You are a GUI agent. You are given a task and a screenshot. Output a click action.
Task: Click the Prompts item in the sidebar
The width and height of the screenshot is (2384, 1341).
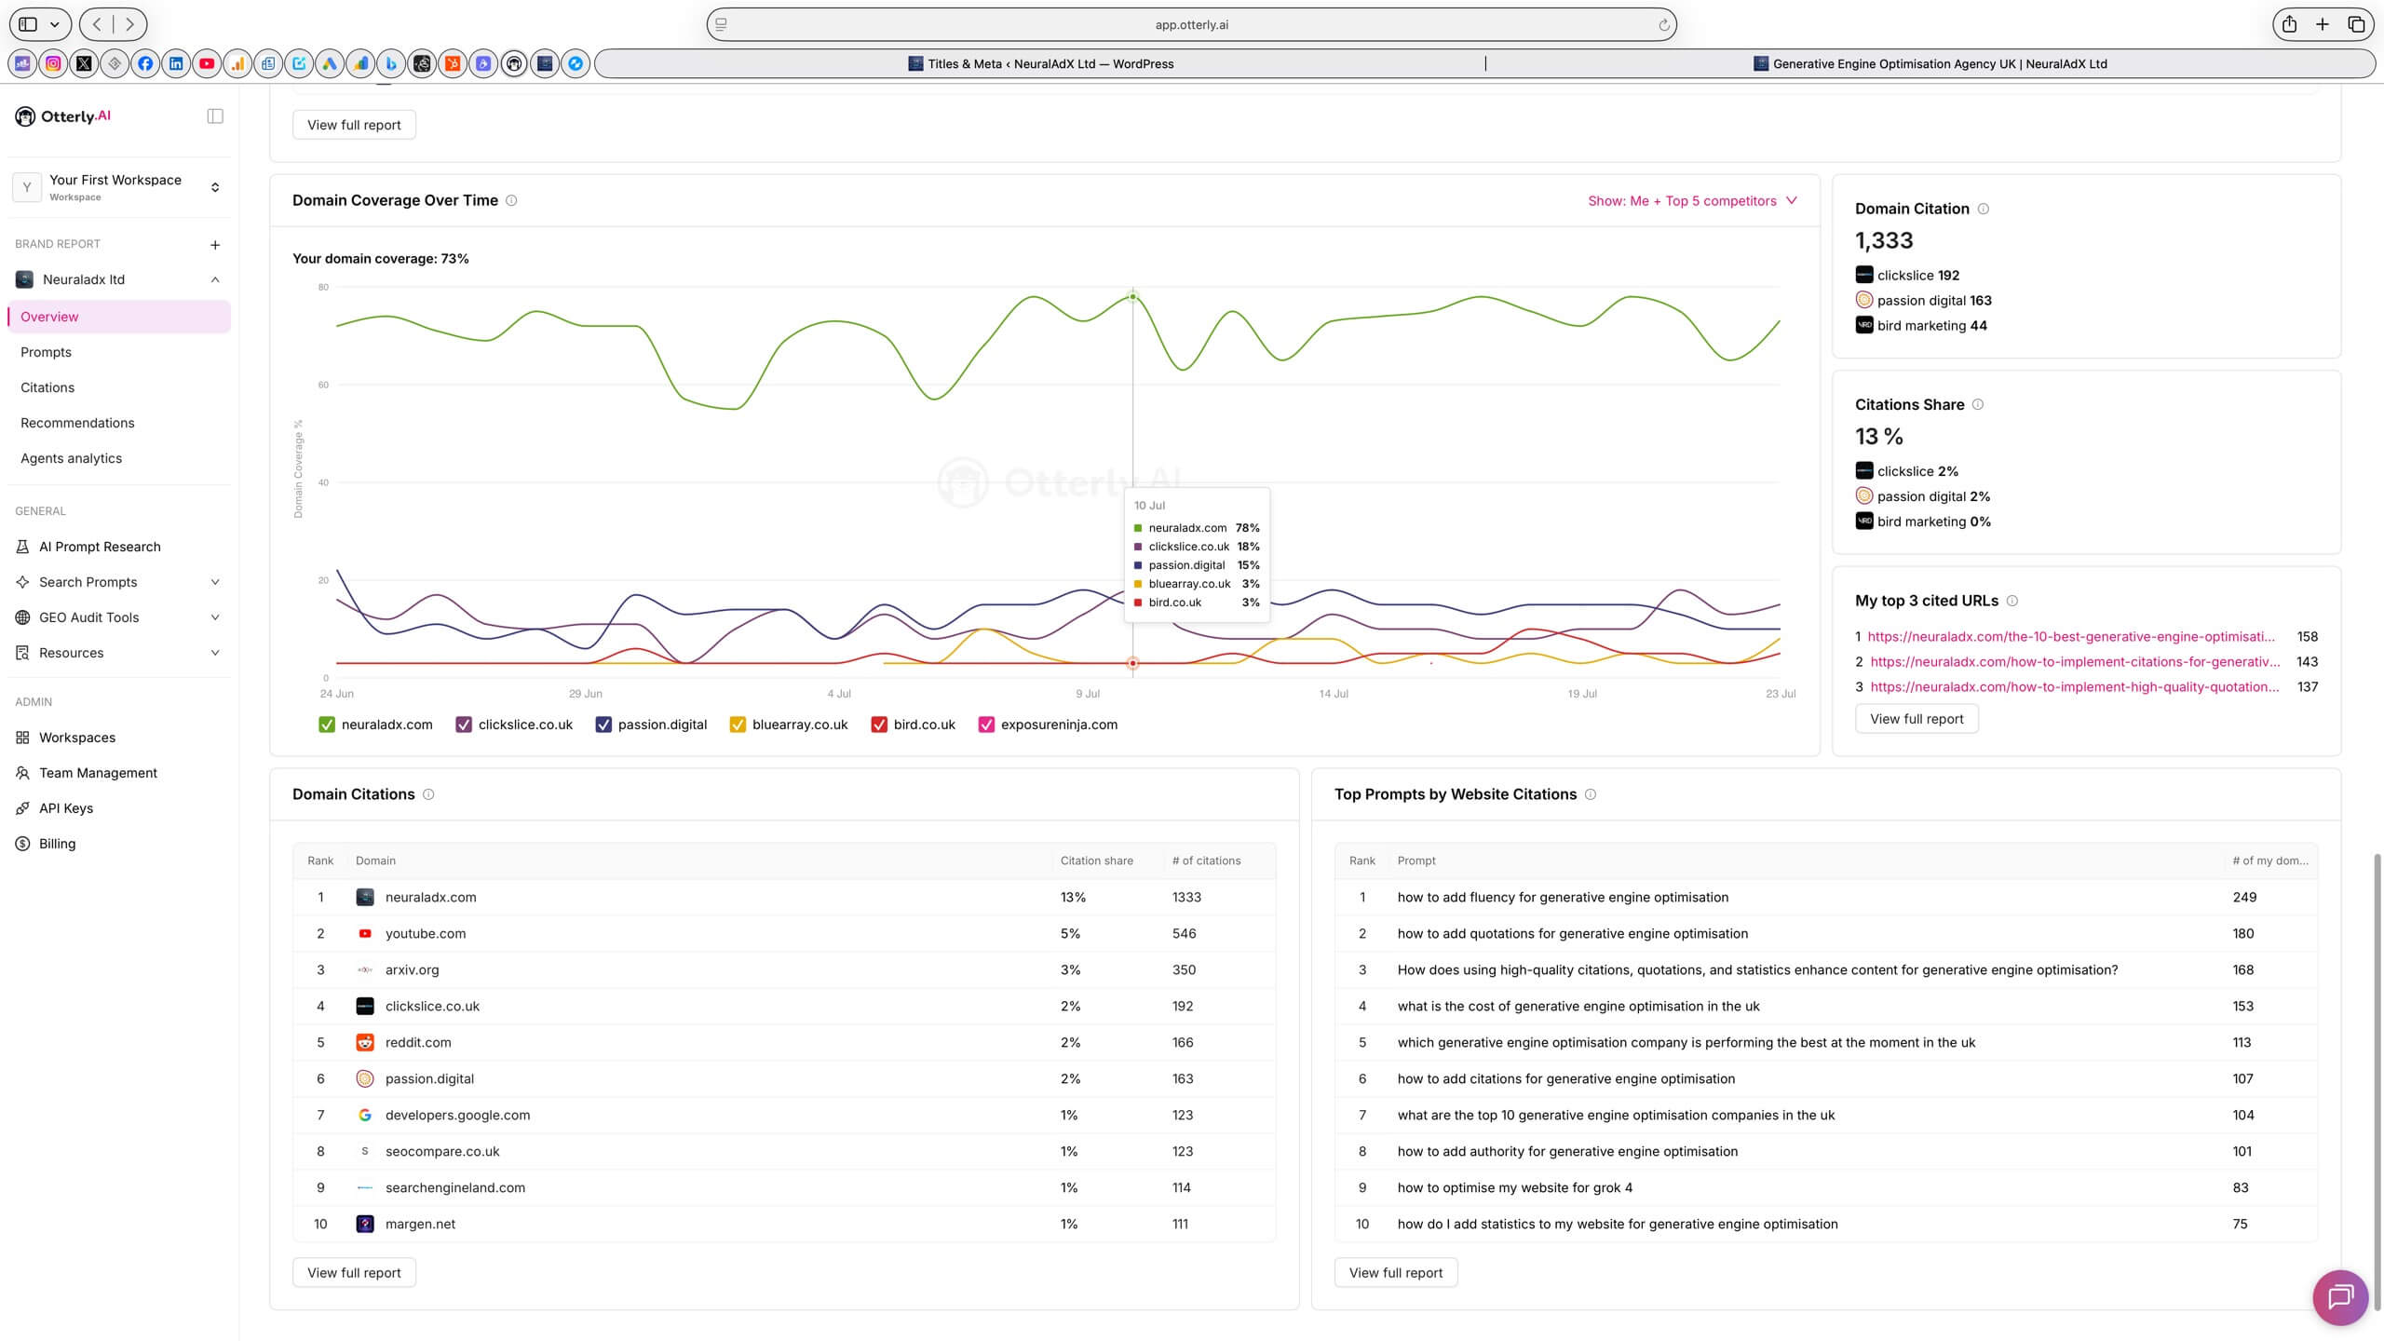click(x=46, y=352)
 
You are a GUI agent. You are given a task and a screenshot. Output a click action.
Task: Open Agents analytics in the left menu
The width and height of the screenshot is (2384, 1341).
click(x=71, y=458)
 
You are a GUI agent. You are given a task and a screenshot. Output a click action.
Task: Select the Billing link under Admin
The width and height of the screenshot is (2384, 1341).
click(x=57, y=844)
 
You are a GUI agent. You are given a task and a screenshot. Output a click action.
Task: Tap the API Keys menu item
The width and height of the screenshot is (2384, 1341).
click(x=66, y=808)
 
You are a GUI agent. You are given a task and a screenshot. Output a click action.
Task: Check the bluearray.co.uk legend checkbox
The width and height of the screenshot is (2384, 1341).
click(x=738, y=725)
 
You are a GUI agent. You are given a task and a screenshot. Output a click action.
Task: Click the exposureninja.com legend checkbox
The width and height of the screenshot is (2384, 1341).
click(x=986, y=725)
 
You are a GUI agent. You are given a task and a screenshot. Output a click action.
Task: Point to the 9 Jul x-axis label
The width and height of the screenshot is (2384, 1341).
click(x=1088, y=694)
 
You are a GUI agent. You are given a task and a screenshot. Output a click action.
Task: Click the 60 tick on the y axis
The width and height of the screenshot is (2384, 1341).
click(x=323, y=385)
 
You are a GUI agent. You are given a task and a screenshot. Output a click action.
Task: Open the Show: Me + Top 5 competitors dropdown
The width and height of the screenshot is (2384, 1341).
click(x=1692, y=201)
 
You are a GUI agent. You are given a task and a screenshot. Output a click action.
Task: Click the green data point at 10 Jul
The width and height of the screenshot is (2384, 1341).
click(x=1132, y=297)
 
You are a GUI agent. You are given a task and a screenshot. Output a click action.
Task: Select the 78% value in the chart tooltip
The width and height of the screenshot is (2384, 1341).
click(x=1247, y=528)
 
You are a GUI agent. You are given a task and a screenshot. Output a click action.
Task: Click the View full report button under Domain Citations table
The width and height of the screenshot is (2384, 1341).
click(x=354, y=1273)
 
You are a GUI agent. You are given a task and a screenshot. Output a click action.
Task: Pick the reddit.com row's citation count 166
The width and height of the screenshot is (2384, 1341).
click(x=1183, y=1042)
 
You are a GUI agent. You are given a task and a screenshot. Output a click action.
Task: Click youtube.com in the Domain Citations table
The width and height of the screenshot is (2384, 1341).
click(x=426, y=933)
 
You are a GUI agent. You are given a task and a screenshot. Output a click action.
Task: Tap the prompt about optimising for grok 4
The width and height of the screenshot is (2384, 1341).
click(x=1514, y=1187)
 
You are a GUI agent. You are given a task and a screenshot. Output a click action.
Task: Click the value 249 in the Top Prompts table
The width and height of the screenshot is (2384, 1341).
click(x=2244, y=897)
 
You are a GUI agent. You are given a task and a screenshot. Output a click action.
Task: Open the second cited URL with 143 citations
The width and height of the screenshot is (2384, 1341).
click(x=2075, y=662)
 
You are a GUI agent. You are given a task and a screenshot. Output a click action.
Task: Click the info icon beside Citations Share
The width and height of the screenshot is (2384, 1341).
click(x=1978, y=405)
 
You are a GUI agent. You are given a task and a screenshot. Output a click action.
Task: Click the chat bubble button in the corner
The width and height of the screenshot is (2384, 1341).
click(x=2340, y=1297)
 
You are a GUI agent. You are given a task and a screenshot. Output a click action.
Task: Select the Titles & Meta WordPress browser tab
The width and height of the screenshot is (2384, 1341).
click(x=1040, y=64)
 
